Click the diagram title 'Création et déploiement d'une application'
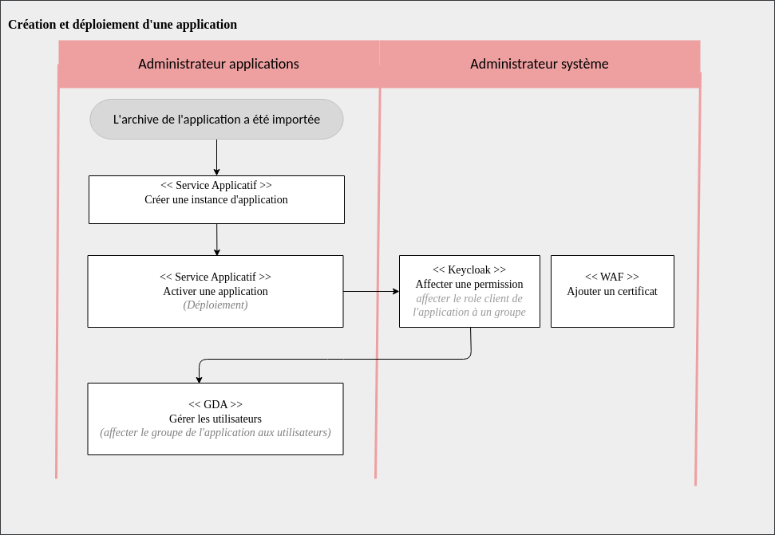(122, 25)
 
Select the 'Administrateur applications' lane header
(218, 64)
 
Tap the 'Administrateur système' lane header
(539, 64)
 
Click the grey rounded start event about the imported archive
(216, 120)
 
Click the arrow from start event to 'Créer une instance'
(216, 157)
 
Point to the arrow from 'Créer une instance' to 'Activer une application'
(216, 239)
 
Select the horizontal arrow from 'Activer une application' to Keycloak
(371, 292)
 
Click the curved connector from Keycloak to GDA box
(335, 360)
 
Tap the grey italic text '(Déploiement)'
(215, 305)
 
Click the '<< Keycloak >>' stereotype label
(469, 270)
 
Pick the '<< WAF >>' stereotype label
(612, 277)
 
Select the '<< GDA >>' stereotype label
(215, 404)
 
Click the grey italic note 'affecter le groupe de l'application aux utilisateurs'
(215, 433)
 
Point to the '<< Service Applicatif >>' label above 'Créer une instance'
(215, 185)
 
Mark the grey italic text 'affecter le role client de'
(469, 298)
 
